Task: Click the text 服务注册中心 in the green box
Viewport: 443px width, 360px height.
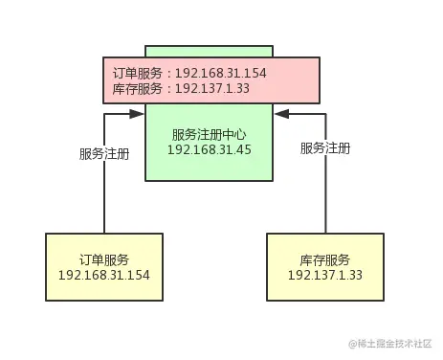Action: tap(209, 134)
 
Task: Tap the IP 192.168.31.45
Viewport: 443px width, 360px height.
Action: tap(209, 150)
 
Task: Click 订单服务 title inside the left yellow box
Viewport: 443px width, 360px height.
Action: tap(103, 259)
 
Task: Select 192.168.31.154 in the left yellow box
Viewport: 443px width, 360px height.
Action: tap(103, 276)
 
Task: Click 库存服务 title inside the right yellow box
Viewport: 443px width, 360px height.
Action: tap(324, 259)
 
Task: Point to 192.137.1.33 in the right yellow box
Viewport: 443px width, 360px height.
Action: tap(324, 276)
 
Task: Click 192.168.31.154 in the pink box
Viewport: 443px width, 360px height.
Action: tap(221, 73)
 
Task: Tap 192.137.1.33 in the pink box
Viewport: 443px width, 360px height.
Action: tap(213, 88)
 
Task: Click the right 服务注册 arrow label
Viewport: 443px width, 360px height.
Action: tap(324, 148)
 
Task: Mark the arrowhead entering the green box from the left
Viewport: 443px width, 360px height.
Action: tap(138, 115)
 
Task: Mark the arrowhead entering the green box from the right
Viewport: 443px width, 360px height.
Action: tap(280, 115)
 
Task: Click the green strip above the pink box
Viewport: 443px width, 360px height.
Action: tap(209, 51)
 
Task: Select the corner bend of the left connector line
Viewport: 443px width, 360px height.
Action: tap(103, 115)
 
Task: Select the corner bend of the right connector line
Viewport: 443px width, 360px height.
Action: tap(324, 115)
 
